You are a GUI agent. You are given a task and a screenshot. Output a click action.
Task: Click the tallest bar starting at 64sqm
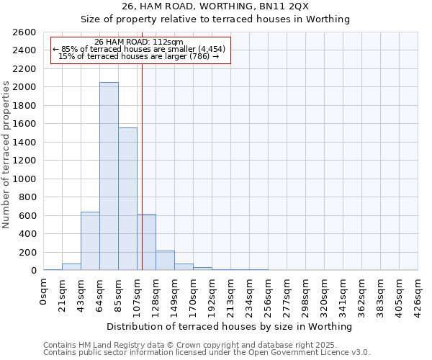(x=109, y=176)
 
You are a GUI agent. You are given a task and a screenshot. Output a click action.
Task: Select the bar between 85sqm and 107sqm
(x=127, y=199)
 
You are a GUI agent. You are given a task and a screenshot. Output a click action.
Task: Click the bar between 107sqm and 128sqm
(x=146, y=242)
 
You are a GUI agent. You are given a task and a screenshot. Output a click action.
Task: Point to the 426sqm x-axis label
(x=418, y=294)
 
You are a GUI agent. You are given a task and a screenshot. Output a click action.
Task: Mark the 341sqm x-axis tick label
(x=343, y=294)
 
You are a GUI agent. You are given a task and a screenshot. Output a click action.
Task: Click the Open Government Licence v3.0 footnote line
(x=206, y=353)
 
